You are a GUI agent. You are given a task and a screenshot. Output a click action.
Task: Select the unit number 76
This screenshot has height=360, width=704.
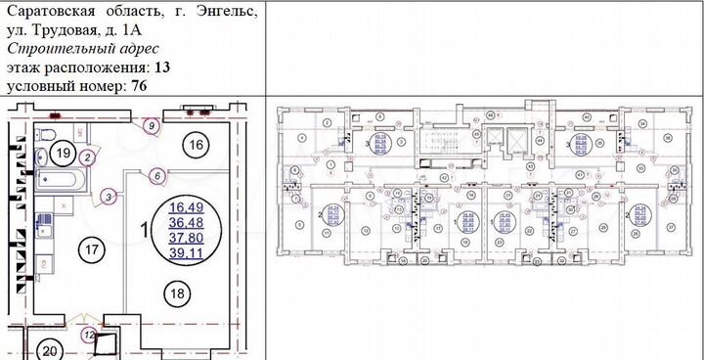[137, 85]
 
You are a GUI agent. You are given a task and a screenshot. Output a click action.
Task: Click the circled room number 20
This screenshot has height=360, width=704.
[48, 350]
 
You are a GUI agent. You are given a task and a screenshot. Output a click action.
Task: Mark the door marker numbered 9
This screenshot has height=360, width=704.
[150, 125]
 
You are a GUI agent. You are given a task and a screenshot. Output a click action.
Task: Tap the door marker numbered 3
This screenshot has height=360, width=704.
[108, 197]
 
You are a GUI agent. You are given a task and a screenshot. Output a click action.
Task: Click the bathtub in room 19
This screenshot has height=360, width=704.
[61, 180]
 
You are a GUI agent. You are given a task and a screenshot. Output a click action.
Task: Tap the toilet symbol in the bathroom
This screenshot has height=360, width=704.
[45, 134]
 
